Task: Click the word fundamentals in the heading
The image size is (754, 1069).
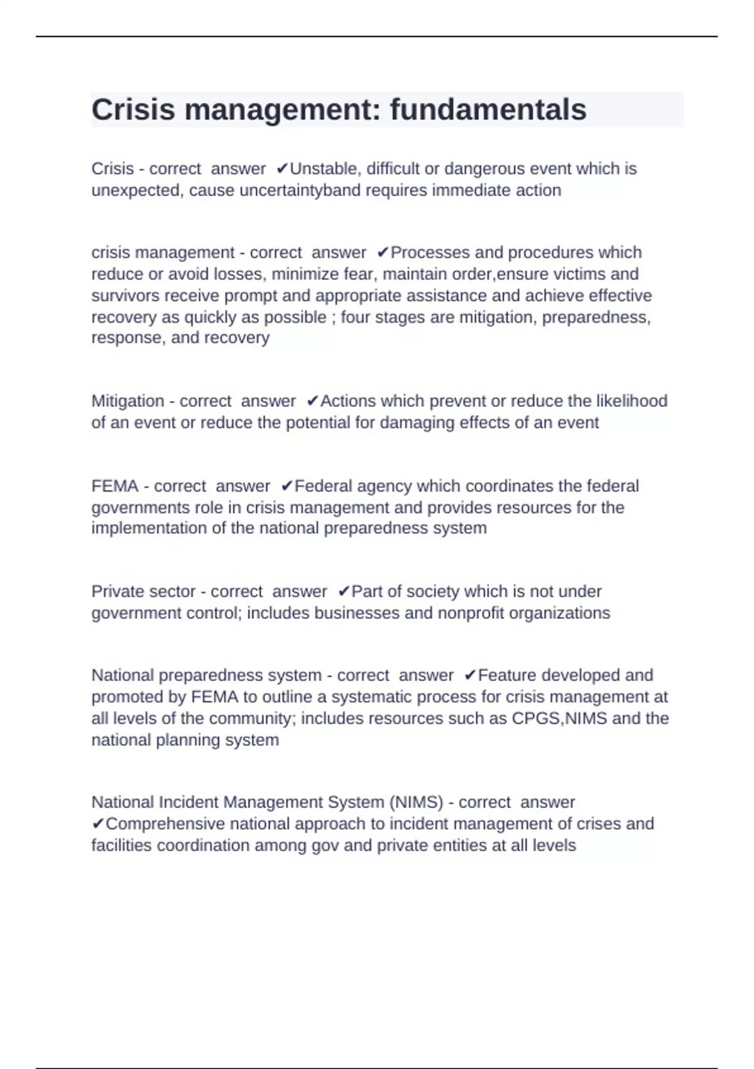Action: pyautogui.click(x=488, y=109)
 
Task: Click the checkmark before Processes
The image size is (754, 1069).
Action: pyautogui.click(x=383, y=253)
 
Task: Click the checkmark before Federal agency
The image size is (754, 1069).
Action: pyautogui.click(x=287, y=486)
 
